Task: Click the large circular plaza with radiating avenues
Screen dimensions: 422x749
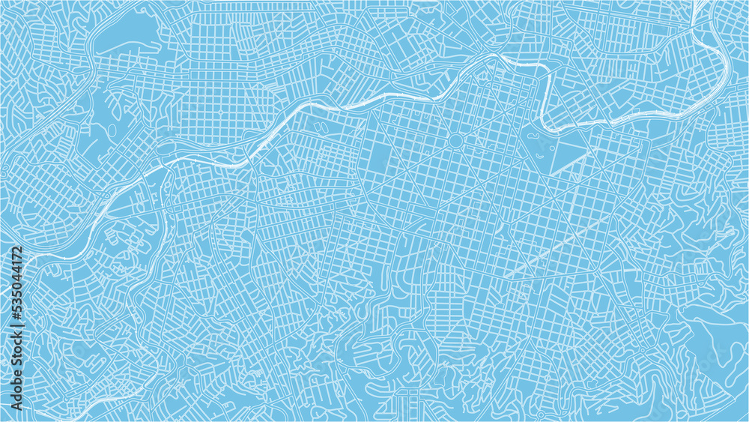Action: click(455, 140)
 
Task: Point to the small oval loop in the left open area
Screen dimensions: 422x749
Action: click(112, 130)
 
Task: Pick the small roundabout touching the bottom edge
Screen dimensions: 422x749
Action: click(540, 415)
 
